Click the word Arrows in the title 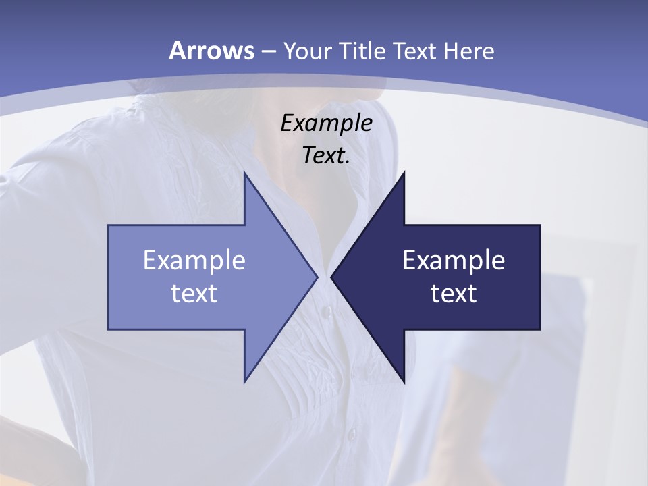pyautogui.click(x=211, y=51)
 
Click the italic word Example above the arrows pyautogui.click(x=326, y=123)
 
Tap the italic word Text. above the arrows pyautogui.click(x=326, y=155)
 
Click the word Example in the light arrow pyautogui.click(x=194, y=261)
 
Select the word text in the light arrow pyautogui.click(x=194, y=294)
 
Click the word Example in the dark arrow pyautogui.click(x=454, y=261)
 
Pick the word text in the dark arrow pyautogui.click(x=454, y=294)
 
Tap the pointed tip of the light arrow pyautogui.click(x=315, y=277)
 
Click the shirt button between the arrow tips pyautogui.click(x=326, y=312)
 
